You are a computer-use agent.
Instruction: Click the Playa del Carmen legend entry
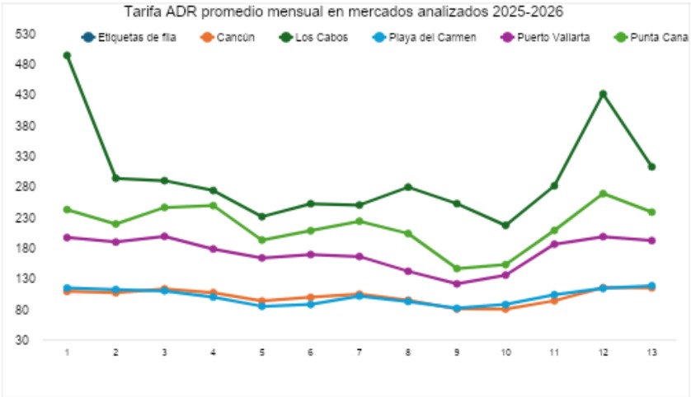pyautogui.click(x=429, y=37)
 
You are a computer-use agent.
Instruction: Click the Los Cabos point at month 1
pyautogui.click(x=67, y=55)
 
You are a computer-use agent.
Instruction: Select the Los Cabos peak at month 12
pyautogui.click(x=603, y=94)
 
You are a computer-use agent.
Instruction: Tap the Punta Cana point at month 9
pyautogui.click(x=456, y=269)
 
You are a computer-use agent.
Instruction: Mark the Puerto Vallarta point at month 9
pyautogui.click(x=456, y=283)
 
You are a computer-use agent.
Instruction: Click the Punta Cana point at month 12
pyautogui.click(x=603, y=194)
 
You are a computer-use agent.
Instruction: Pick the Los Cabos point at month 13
pyautogui.click(x=651, y=166)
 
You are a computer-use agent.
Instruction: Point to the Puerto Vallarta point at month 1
pyautogui.click(x=67, y=237)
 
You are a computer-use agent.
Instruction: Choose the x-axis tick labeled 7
pyautogui.click(x=359, y=353)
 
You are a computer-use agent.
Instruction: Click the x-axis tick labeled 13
pyautogui.click(x=651, y=353)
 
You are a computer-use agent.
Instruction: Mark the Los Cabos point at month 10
pyautogui.click(x=505, y=225)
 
